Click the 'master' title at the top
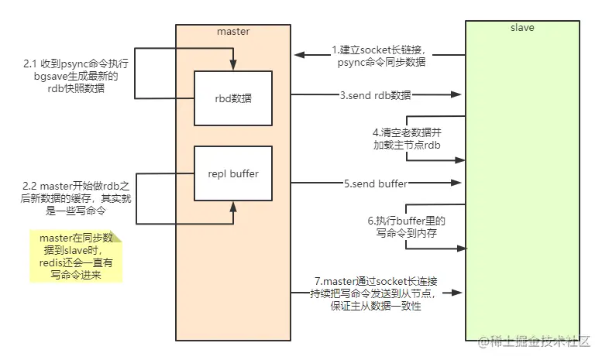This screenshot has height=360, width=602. click(x=233, y=32)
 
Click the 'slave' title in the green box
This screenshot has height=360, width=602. click(x=522, y=28)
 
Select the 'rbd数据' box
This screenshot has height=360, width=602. click(x=233, y=98)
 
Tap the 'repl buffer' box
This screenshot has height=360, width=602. click(x=233, y=173)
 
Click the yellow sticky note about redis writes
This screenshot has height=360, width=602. click(x=76, y=256)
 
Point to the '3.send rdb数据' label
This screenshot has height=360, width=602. click(x=375, y=95)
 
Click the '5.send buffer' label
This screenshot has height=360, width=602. click(x=375, y=183)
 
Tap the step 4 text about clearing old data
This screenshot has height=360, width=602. click(x=407, y=139)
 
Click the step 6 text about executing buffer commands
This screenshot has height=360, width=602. click(x=407, y=227)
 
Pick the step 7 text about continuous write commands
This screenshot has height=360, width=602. click(x=376, y=293)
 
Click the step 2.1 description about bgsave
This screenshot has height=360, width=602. click(x=76, y=76)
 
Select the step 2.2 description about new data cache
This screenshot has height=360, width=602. click(x=76, y=198)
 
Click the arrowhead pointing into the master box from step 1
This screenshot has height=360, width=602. click(x=300, y=55)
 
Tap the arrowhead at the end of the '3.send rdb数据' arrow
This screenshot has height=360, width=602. click(x=456, y=94)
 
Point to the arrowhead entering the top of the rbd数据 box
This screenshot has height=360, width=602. click(x=233, y=65)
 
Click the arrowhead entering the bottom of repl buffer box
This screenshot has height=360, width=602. click(x=233, y=207)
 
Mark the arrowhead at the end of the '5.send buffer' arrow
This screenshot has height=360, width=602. click(x=456, y=183)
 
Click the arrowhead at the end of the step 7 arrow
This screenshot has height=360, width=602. click(x=456, y=293)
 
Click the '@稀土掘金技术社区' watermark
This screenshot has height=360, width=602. click(x=534, y=341)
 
